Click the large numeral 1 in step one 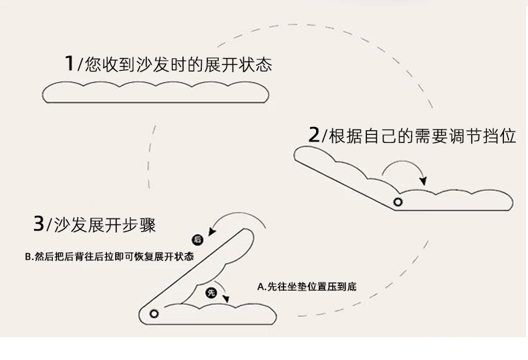coord(68,63)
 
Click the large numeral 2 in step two coord(314,136)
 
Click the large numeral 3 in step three coord(39,224)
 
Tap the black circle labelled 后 coord(197,239)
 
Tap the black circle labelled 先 coord(211,292)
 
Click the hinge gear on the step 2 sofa coord(399,202)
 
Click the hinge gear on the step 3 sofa coord(155,313)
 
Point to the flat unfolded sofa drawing coord(156,92)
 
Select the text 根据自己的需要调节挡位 coord(422,136)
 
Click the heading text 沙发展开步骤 coord(103,225)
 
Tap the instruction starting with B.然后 coord(108,256)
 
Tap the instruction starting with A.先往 coord(307,287)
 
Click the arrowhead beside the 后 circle coord(213,231)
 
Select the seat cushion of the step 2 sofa coord(454,200)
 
